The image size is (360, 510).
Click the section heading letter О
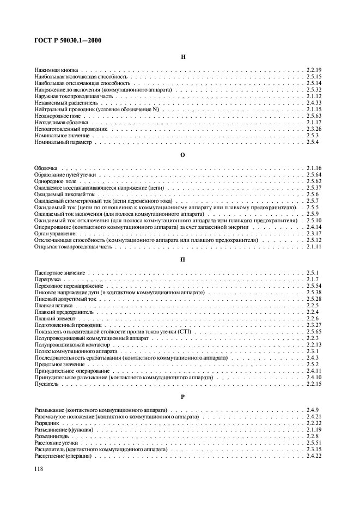click(183, 155)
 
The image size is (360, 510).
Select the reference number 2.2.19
click(315, 70)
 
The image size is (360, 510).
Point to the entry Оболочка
click(46, 168)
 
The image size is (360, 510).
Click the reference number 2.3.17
click(315, 233)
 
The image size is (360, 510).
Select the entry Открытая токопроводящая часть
click(73, 246)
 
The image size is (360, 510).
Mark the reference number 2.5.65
click(315, 331)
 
